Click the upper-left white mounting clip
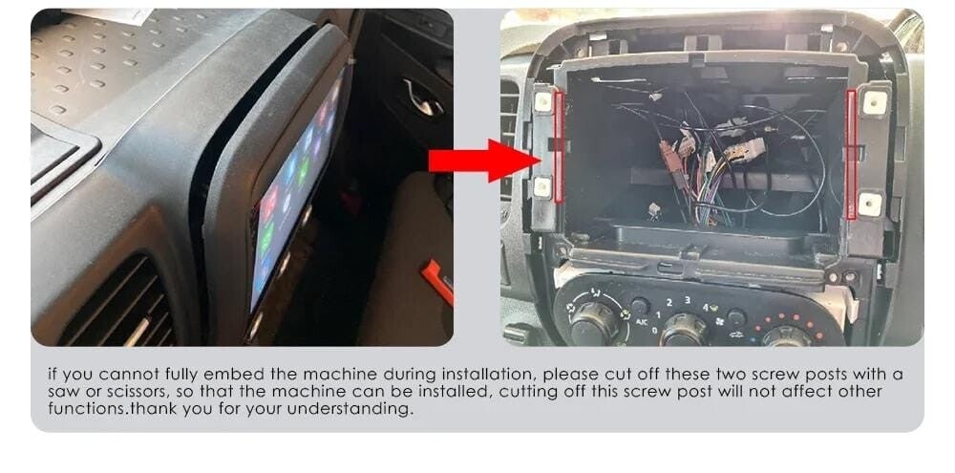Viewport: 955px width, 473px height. click(x=542, y=101)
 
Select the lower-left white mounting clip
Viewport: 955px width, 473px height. click(x=541, y=187)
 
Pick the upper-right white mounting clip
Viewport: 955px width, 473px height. click(x=875, y=103)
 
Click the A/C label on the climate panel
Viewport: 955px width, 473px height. click(x=641, y=321)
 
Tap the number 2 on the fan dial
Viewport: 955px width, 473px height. click(x=668, y=302)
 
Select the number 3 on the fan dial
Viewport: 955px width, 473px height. click(x=687, y=299)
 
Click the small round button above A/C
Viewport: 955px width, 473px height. click(x=640, y=306)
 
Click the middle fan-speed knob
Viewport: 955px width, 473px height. click(x=683, y=331)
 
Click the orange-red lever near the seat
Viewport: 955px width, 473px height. click(x=438, y=281)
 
